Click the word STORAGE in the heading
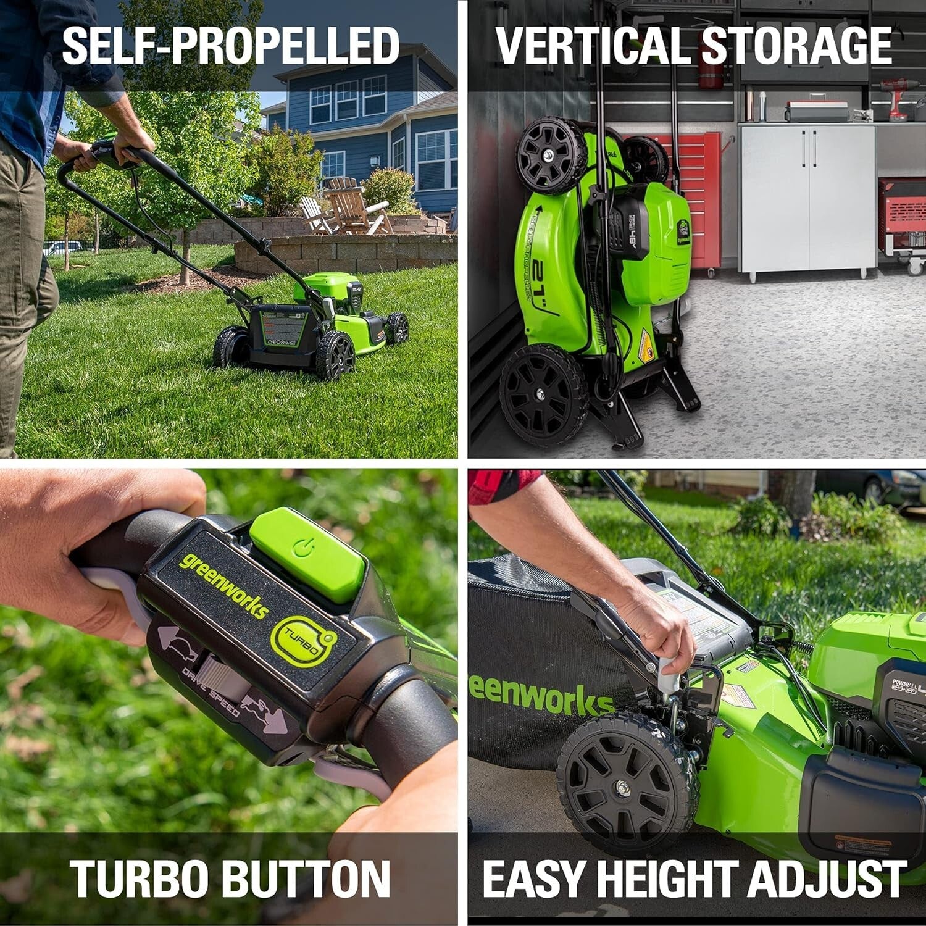[x=796, y=46]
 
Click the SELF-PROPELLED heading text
[x=231, y=46]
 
